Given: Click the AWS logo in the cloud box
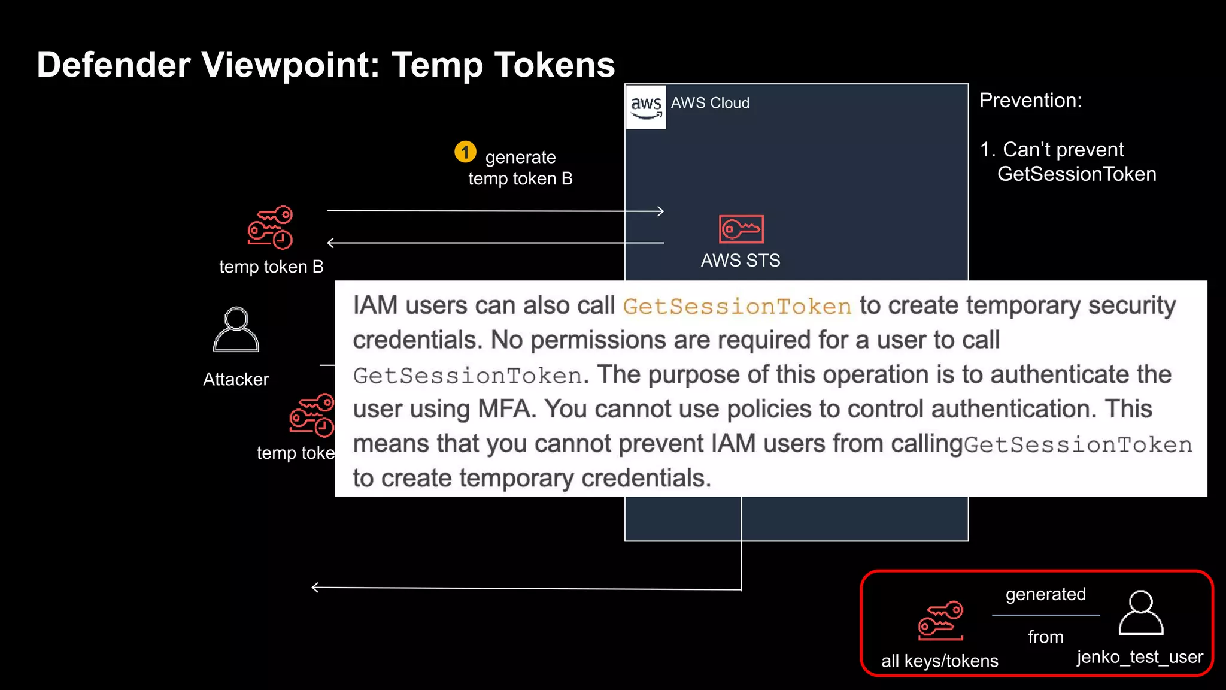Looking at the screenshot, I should tap(646, 107).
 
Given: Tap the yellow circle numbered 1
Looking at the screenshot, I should tap(465, 152).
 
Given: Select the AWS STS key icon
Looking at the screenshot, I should tap(741, 229).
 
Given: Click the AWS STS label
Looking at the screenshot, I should tap(741, 261).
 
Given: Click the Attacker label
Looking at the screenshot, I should tap(236, 379).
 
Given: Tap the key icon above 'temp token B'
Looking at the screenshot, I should tap(271, 228).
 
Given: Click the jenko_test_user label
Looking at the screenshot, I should tap(1140, 657).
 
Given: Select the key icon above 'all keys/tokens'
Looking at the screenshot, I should tap(941, 621).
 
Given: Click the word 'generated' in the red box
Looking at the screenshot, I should tap(1045, 594).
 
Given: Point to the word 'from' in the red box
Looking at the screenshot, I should tap(1045, 637).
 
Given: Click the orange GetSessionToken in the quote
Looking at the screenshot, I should tap(737, 307).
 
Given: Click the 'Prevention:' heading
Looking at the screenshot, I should tap(1030, 101).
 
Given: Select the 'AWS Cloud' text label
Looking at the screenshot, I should tap(710, 103).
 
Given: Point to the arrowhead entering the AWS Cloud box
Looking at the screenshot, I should tap(660, 211).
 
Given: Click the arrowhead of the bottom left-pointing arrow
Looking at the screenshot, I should tap(315, 588).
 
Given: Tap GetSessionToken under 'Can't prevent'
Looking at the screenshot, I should tap(1076, 174).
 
